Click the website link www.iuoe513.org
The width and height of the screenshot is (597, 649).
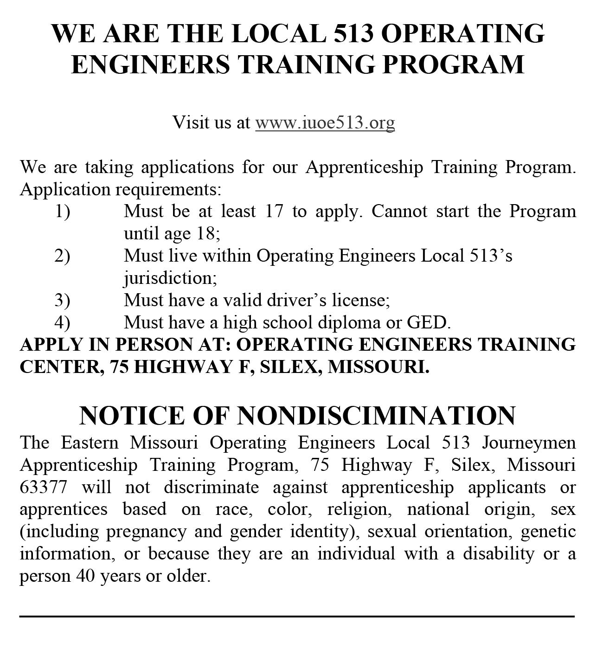[325, 122]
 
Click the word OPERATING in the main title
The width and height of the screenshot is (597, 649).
[464, 33]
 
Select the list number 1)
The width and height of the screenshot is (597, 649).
[63, 212]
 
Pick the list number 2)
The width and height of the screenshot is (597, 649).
[63, 256]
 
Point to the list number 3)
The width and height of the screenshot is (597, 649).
[63, 300]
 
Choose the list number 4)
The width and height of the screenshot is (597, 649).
[63, 322]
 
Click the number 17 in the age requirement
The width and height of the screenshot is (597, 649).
[274, 212]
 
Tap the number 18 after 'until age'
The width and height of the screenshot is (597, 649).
[206, 233]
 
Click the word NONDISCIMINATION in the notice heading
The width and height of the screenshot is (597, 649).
[376, 415]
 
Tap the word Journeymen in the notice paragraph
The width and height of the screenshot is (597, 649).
[529, 443]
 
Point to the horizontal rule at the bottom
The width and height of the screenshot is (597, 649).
[297, 617]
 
